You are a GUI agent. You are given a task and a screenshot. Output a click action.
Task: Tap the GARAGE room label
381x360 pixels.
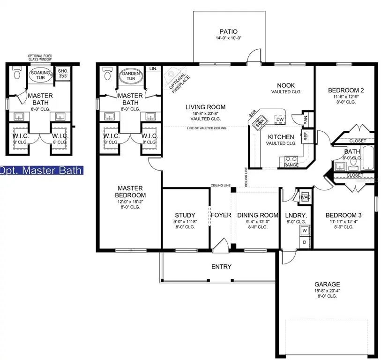(327, 284)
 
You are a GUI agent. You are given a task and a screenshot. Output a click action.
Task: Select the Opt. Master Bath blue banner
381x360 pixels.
(41, 171)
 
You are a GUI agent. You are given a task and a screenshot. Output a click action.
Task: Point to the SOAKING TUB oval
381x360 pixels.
(41, 75)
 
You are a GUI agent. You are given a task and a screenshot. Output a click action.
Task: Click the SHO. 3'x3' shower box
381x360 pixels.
(62, 74)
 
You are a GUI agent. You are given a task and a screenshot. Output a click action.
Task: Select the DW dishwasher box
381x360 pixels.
(280, 120)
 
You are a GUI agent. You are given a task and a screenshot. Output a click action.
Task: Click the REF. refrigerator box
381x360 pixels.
(306, 136)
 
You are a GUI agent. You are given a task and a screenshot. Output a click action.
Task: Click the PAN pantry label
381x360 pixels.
(306, 120)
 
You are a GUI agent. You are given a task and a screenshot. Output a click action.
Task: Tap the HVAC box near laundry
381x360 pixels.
(305, 197)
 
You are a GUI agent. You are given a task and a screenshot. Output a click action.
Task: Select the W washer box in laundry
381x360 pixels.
(304, 231)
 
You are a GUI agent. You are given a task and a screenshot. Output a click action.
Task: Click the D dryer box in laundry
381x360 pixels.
(304, 242)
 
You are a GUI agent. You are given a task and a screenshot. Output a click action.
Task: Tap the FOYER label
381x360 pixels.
(221, 215)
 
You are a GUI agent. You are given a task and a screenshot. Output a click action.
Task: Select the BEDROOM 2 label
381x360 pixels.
(346, 90)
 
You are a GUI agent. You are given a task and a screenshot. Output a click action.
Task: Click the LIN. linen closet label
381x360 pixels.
(153, 68)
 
